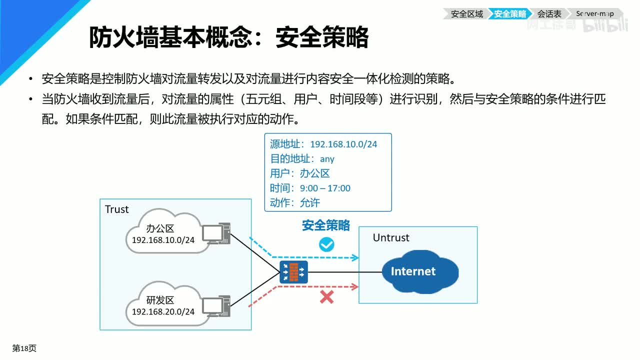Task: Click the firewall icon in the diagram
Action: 293,272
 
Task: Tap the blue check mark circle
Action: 326,244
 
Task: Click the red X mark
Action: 326,297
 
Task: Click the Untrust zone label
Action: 391,238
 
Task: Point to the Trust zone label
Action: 116,209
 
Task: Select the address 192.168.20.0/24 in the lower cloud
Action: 163,311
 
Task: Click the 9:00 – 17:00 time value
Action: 325,188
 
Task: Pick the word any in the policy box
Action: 327,159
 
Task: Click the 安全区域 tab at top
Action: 467,14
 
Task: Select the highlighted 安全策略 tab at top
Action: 510,14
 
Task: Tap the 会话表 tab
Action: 549,14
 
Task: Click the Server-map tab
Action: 594,14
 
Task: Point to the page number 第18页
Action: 24,348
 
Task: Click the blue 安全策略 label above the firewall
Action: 326,225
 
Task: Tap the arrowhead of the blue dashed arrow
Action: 355,258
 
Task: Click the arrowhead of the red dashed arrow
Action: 355,286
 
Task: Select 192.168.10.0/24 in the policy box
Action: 343,144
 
